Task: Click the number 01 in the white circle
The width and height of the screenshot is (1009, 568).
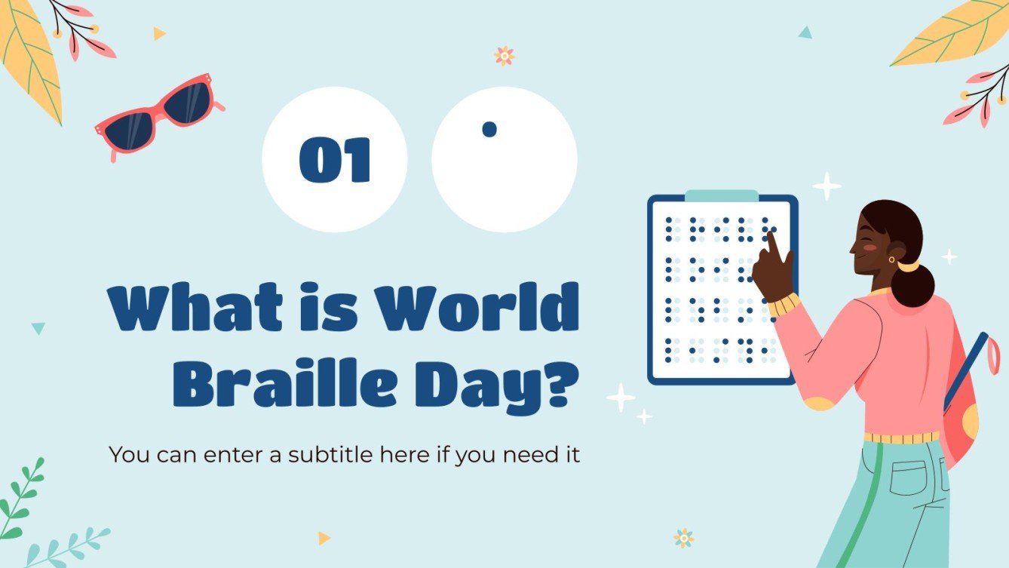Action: coord(335,160)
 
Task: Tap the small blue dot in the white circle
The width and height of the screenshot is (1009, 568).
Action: coord(489,129)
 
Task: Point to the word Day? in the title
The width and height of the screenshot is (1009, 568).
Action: coord(513,385)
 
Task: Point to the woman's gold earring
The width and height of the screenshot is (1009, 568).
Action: coord(892,259)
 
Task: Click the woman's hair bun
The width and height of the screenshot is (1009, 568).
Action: coord(913,284)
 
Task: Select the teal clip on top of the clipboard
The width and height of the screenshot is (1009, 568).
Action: coord(722,196)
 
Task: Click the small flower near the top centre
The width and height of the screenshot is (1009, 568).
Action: coord(504,55)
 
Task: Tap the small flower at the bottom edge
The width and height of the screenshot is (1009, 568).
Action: coord(684,538)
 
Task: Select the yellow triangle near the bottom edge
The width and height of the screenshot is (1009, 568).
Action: coord(324,538)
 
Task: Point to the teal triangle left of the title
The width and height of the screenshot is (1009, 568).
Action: coord(38,328)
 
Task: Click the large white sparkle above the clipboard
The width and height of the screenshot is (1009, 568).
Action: coord(827,186)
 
